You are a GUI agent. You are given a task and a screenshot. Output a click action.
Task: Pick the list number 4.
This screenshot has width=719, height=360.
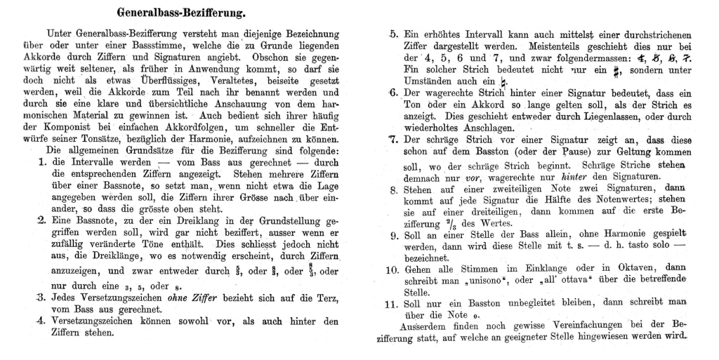41,321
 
